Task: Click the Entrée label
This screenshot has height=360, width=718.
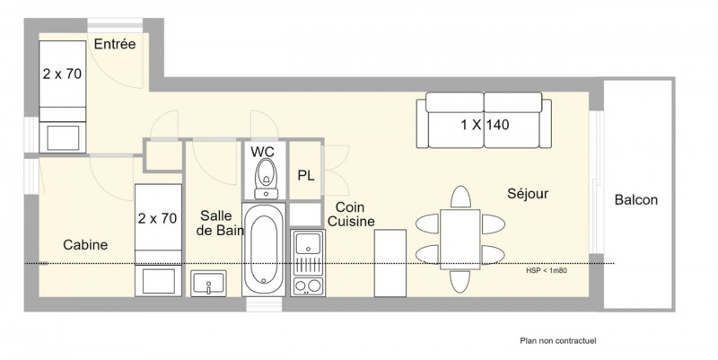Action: click(x=115, y=44)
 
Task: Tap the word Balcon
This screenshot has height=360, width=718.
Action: click(x=636, y=199)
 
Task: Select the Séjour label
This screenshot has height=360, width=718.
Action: click(x=528, y=193)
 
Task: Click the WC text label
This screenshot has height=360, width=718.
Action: click(x=262, y=152)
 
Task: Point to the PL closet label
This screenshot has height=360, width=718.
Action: click(x=306, y=175)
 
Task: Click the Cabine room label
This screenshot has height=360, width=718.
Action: click(x=85, y=244)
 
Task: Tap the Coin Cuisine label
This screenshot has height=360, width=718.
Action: click(x=352, y=215)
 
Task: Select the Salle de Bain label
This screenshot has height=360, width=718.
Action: click(x=220, y=223)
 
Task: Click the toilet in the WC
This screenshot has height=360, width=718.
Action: click(x=266, y=179)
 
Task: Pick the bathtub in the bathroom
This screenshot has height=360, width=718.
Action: click(x=264, y=250)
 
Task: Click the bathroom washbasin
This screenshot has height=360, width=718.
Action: click(x=209, y=284)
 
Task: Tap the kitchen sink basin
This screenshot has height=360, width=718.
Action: click(x=308, y=242)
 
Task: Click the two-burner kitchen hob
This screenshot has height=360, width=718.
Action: click(x=308, y=285)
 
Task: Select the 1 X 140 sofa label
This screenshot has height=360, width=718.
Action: click(x=485, y=125)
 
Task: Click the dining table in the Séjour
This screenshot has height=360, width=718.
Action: click(x=460, y=239)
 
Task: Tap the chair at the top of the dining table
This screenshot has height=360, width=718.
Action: click(x=460, y=197)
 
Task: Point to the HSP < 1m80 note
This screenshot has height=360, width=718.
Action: click(x=547, y=270)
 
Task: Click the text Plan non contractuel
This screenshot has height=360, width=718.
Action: click(x=558, y=341)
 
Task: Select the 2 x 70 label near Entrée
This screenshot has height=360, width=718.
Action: click(x=62, y=74)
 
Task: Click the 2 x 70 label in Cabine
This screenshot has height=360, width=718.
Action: click(x=158, y=218)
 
